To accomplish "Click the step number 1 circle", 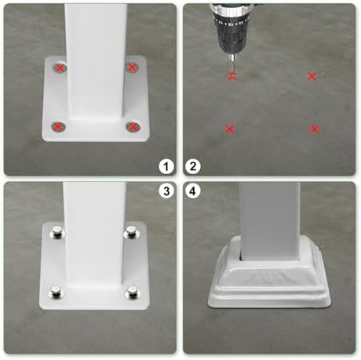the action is click(166, 166).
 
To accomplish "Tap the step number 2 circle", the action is click(193, 166).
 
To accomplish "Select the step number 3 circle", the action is click(166, 191).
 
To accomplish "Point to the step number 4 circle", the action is click(193, 191).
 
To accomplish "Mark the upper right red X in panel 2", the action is click(312, 76).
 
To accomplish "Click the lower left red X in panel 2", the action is click(230, 129).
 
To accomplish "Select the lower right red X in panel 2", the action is click(314, 129).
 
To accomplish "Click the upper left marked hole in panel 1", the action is click(60, 68).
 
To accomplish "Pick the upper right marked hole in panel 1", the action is click(131, 67).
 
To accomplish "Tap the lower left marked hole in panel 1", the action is click(58, 127).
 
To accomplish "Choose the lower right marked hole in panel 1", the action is click(133, 127).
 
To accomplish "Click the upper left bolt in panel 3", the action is click(57, 231).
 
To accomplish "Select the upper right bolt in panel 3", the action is click(132, 231).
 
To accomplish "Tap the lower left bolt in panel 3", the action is click(56, 292).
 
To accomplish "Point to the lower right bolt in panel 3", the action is click(132, 293).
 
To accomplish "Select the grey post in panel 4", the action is click(270, 221).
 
